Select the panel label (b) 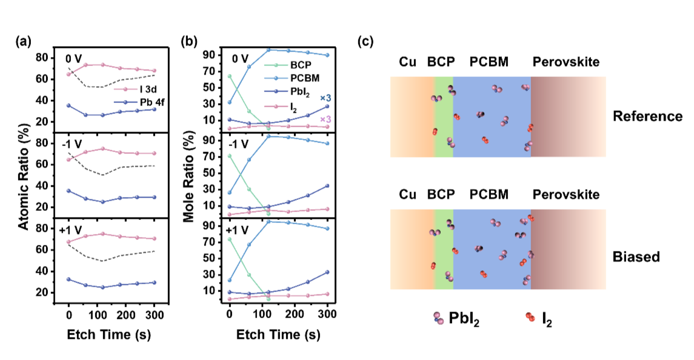(190, 42)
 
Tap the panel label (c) (365, 42)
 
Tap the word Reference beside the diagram (647, 116)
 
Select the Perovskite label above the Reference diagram (566, 62)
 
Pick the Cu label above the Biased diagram (408, 195)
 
